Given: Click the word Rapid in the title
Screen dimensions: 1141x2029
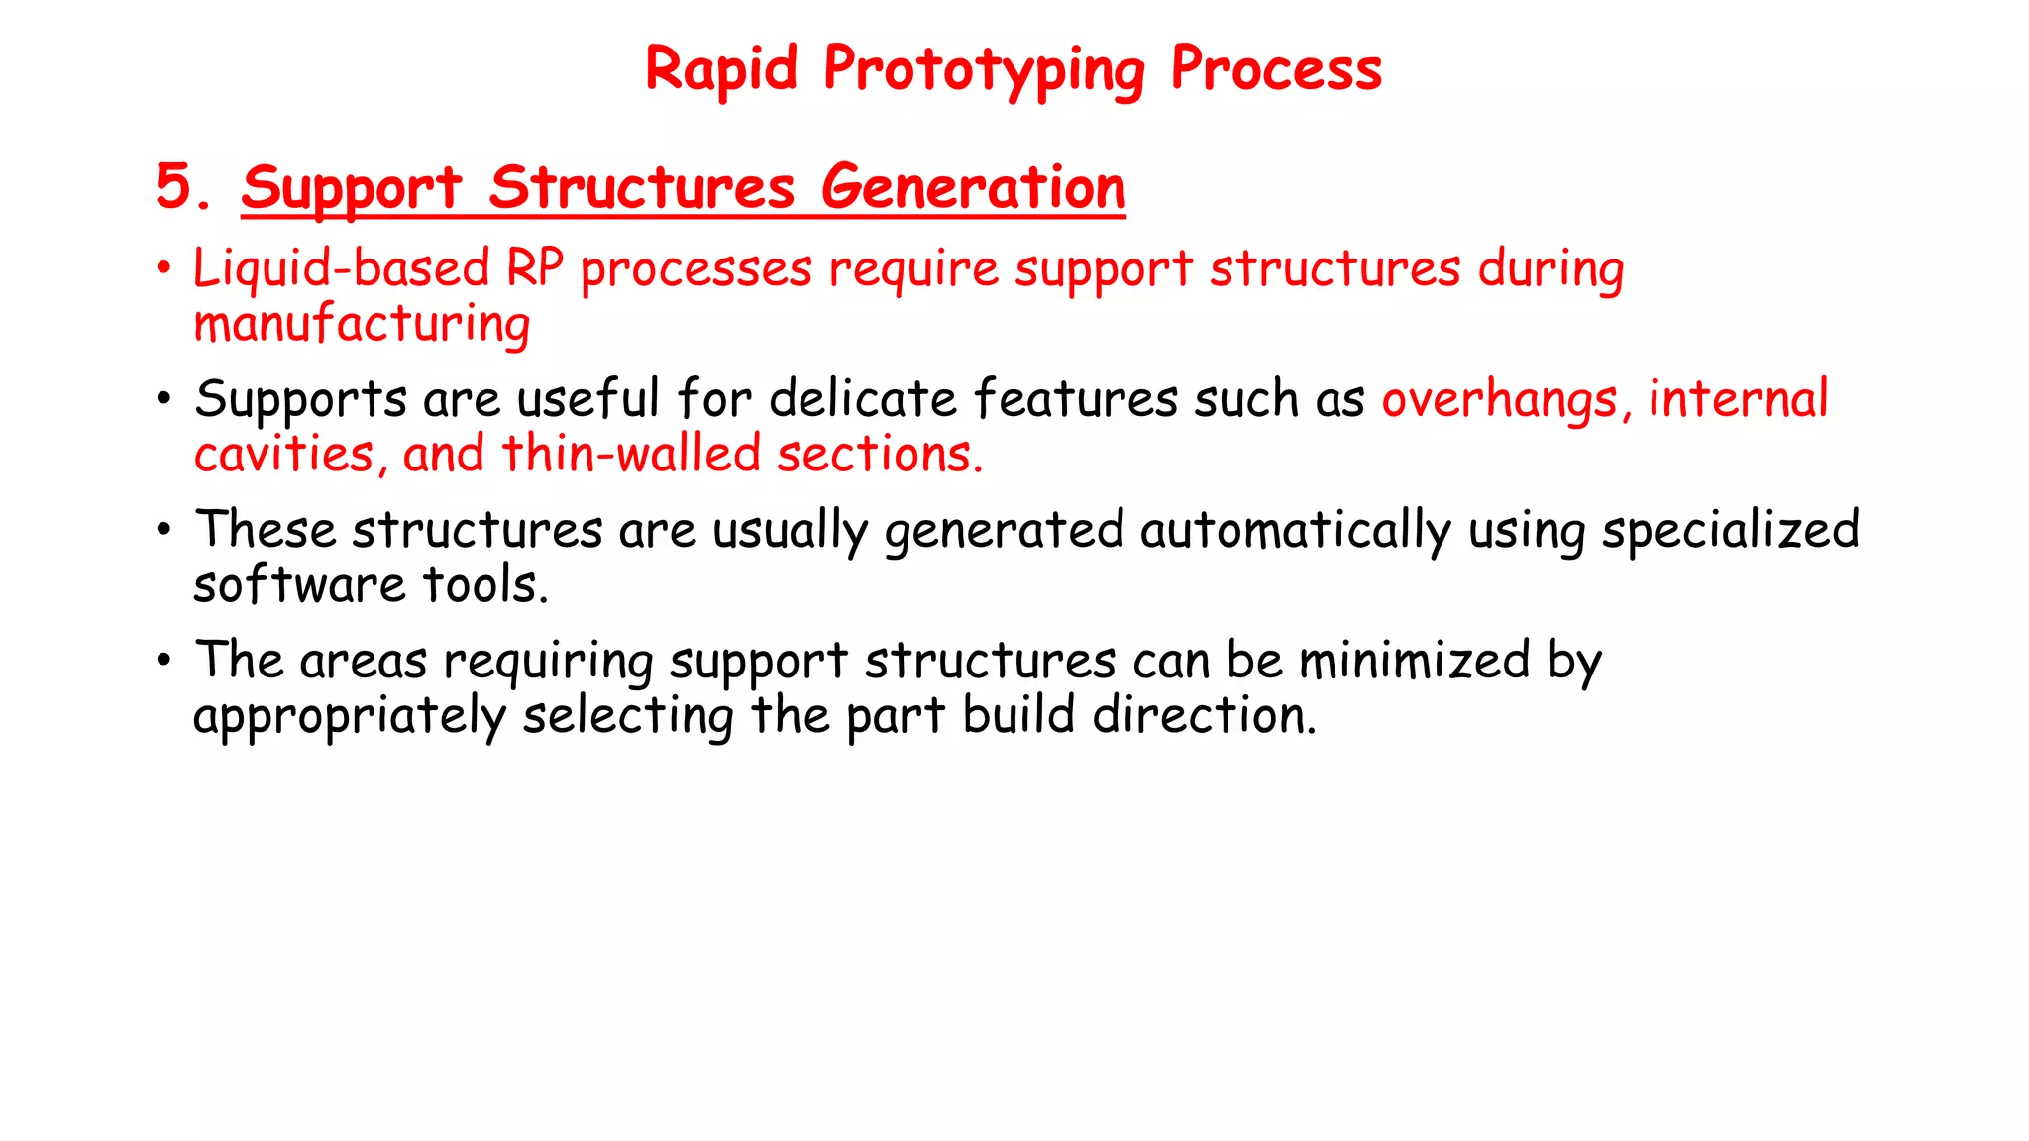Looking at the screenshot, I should tap(721, 70).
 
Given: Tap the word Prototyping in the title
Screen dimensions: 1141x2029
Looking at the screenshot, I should tap(984, 70).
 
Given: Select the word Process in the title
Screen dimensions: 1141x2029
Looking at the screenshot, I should tap(1276, 70).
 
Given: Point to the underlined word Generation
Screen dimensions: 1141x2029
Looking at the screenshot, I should tap(973, 188).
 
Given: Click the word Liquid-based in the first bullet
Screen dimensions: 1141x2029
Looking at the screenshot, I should tap(341, 269).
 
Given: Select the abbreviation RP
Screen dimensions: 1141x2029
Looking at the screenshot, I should tap(535, 269).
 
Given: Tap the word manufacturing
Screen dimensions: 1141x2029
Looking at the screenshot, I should tap(362, 325).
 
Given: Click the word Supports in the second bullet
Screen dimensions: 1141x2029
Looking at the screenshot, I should tap(300, 400).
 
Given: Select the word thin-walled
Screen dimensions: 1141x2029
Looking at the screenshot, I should tap(631, 455).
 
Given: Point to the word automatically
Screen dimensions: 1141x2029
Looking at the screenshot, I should tap(1295, 530).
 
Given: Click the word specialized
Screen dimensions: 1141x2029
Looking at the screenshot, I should tap(1730, 530).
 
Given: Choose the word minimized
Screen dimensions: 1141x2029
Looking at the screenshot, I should tap(1414, 661).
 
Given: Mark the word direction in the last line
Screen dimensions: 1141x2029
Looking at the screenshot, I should tap(1204, 715).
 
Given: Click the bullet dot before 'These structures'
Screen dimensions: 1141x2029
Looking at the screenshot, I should tap(164, 529).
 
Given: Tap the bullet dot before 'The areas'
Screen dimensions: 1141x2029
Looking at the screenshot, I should tap(164, 660).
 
